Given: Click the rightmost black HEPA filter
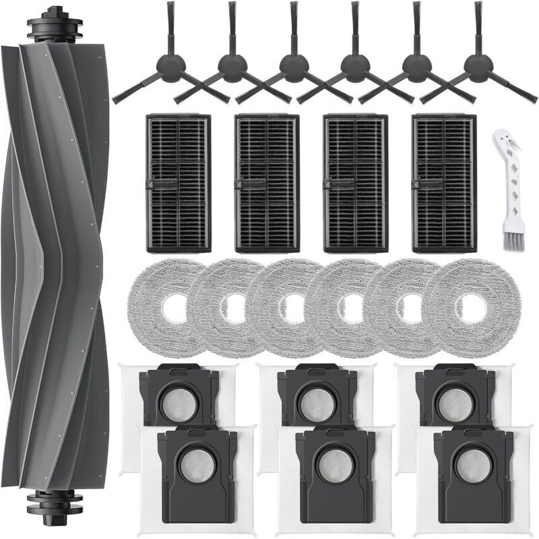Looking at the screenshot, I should pyautogui.click(x=445, y=183).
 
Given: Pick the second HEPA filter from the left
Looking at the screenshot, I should pyautogui.click(x=267, y=183).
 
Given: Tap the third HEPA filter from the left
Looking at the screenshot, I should pyautogui.click(x=356, y=183).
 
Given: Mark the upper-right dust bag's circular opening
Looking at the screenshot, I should pyautogui.click(x=454, y=404).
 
